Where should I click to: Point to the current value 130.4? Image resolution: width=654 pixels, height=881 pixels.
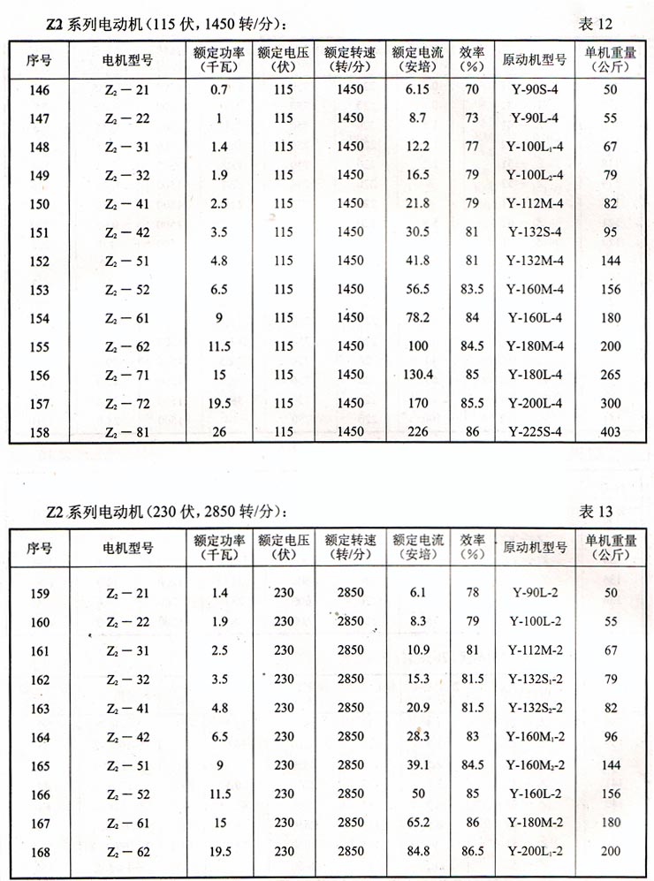pos(417,375)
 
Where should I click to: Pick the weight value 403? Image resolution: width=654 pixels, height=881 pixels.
pos(611,432)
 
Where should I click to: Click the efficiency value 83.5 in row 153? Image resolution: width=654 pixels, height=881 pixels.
pos(473,289)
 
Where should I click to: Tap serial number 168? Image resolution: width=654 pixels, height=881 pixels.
pos(40,852)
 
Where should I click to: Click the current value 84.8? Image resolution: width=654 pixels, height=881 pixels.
pos(416,852)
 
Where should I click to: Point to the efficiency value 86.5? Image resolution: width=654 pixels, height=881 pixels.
pos(473,852)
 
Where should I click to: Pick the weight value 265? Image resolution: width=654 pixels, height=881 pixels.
pos(611,375)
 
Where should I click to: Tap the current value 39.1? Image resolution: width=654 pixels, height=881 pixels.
pos(416,765)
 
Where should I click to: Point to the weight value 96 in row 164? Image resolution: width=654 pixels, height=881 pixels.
pos(611,737)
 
